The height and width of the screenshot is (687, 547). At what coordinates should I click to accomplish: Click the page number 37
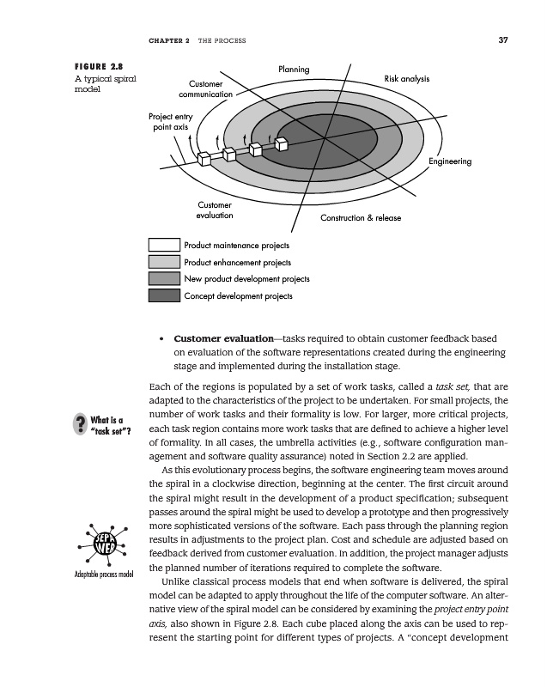503,39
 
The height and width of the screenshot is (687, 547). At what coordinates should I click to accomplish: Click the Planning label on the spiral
294,69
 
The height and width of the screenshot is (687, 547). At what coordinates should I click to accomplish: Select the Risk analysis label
407,79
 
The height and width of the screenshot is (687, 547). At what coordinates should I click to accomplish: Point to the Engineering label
451,161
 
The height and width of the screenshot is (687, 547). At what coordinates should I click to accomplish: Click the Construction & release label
361,218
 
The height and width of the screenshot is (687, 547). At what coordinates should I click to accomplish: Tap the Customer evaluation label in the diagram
215,210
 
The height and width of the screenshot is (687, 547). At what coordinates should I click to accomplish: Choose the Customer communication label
205,88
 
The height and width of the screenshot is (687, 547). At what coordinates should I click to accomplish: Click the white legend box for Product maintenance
164,246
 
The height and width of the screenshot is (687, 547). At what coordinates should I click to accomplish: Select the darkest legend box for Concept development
164,296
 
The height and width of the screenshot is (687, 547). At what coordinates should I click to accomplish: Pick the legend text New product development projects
247,279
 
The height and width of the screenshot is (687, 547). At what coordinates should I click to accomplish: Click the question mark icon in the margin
81,424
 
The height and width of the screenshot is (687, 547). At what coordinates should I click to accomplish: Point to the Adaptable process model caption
102,574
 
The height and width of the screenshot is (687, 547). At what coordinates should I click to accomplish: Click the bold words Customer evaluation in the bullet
214,337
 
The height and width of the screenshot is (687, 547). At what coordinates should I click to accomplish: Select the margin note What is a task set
109,424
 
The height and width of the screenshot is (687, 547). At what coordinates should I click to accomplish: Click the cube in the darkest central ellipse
282,143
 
